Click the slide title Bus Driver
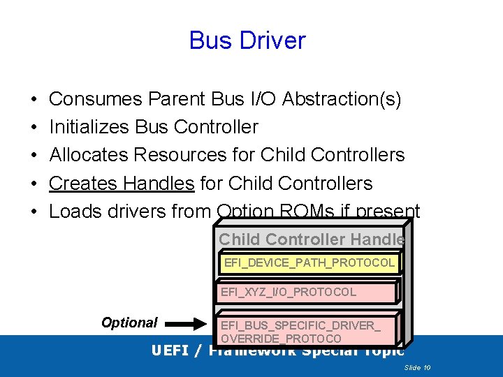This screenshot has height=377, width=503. tap(247, 40)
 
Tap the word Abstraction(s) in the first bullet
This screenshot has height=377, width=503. tap(342, 99)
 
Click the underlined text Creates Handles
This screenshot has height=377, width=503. tap(122, 184)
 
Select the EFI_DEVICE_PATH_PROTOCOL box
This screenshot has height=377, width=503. tap(309, 263)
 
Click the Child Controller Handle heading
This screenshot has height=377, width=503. tap(311, 239)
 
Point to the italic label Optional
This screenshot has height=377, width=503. tap(129, 323)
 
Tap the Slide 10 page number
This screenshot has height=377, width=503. tap(417, 367)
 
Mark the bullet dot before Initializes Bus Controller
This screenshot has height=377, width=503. tap(34, 128)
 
